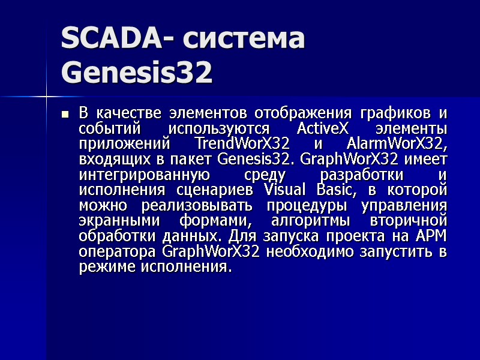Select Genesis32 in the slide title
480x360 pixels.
pos(137,74)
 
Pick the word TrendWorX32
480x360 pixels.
pos(242,145)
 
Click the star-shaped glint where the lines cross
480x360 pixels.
pos(46,95)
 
